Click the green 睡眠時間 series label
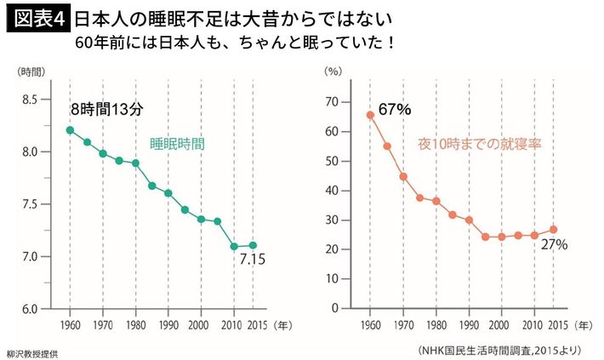coord(177,144)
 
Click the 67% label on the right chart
coord(395,109)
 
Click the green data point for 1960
coord(70,130)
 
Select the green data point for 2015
coord(253,245)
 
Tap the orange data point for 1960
coord(370,115)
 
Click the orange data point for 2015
coord(553,229)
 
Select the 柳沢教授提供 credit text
coord(33,351)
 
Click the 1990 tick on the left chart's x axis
coord(168,325)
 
